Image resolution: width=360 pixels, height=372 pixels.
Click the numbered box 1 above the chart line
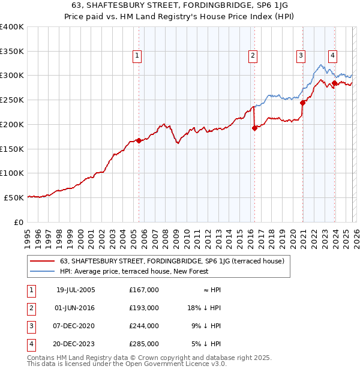pyautogui.click(x=137, y=56)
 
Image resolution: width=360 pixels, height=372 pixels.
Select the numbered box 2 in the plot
pyautogui.click(x=253, y=56)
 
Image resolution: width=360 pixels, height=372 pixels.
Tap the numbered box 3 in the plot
pyautogui.click(x=301, y=56)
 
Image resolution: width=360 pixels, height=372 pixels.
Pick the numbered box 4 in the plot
pyautogui.click(x=332, y=56)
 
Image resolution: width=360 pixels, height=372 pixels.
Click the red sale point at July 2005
pyautogui.click(x=139, y=140)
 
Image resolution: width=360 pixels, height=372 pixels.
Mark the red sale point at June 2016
pyautogui.click(x=254, y=128)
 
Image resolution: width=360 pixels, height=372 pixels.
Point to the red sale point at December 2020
pyautogui.click(x=302, y=103)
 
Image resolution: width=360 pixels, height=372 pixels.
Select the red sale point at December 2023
pyautogui.click(x=334, y=83)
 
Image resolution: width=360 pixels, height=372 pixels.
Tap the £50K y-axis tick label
pyautogui.click(x=14, y=197)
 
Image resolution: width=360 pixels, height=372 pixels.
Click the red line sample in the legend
pyautogui.click(x=42, y=261)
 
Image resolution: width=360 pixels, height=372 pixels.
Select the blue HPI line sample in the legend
pyautogui.click(x=42, y=271)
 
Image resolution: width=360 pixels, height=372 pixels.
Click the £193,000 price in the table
pyautogui.click(x=143, y=307)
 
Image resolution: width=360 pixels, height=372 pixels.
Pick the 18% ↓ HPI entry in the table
pyautogui.click(x=205, y=307)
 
